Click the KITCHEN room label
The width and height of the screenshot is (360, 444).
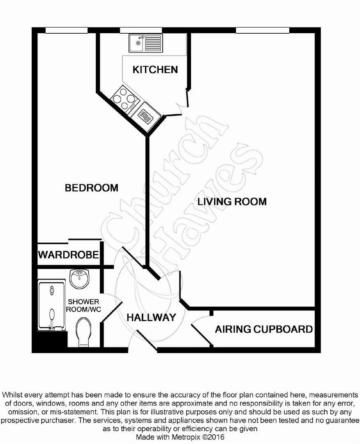point(155,69)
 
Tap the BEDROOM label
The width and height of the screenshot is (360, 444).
point(92,188)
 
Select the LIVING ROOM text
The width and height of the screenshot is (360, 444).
point(232,201)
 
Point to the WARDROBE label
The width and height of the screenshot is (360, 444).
point(69,255)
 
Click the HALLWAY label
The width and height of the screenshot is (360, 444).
point(151,317)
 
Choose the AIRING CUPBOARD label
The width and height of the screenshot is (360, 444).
point(264,329)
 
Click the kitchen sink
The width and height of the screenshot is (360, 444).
point(145,43)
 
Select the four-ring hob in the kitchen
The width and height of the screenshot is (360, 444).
point(124,99)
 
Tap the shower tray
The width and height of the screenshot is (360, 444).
point(51,305)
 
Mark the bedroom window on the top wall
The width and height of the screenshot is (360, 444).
point(67,30)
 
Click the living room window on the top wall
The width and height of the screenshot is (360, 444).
point(262,30)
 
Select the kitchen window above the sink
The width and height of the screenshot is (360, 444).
point(141,30)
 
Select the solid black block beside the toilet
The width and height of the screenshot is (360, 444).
point(50,341)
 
